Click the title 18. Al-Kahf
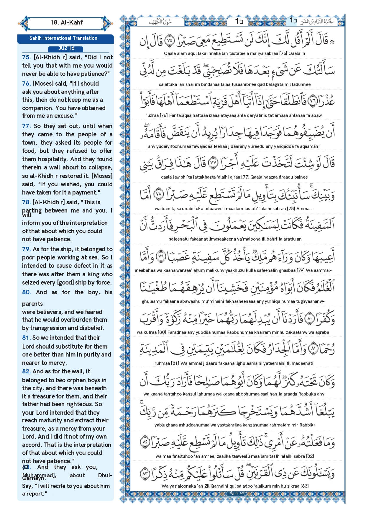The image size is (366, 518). pos(66,22)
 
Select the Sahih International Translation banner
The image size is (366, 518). pos(63,38)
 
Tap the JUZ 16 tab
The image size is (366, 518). pos(66,48)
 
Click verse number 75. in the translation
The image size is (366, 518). pos(27,57)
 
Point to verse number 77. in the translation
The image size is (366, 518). pos(27,126)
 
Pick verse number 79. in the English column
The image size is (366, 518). pos(26,249)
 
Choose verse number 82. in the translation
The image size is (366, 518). pos(26,371)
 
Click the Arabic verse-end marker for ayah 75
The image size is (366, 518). pos(170,40)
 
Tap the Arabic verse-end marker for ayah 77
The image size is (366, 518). pos(213,163)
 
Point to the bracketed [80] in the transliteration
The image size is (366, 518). pos(162,332)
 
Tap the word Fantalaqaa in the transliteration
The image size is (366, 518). pos(181,115)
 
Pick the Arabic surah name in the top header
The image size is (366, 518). pos(160,22)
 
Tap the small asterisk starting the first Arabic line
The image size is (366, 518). pos(332,42)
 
